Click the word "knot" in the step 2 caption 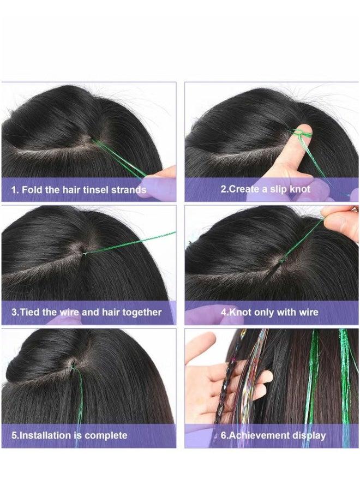tap(300, 189)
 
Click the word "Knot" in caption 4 tap(240, 312)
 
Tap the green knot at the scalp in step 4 tap(283, 259)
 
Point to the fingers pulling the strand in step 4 tap(341, 223)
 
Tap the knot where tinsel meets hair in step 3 tap(84, 253)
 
